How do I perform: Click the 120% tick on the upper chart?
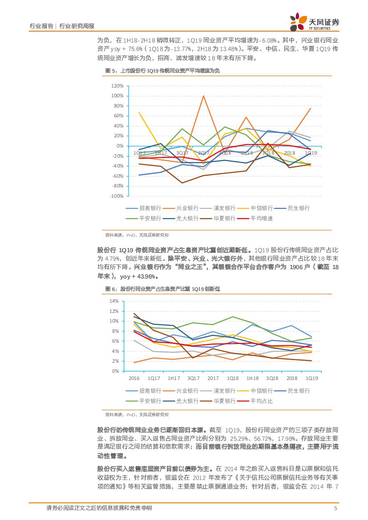(x=117, y=86)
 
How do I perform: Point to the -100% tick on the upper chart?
(x=116, y=196)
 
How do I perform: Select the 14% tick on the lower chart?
(x=113, y=301)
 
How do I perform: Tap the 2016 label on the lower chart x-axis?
(x=134, y=378)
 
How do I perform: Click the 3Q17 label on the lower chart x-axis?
(x=193, y=378)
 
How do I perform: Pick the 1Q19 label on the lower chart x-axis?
(x=311, y=378)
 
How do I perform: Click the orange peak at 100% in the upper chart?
(x=203, y=96)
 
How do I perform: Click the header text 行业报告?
(x=41, y=26)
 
